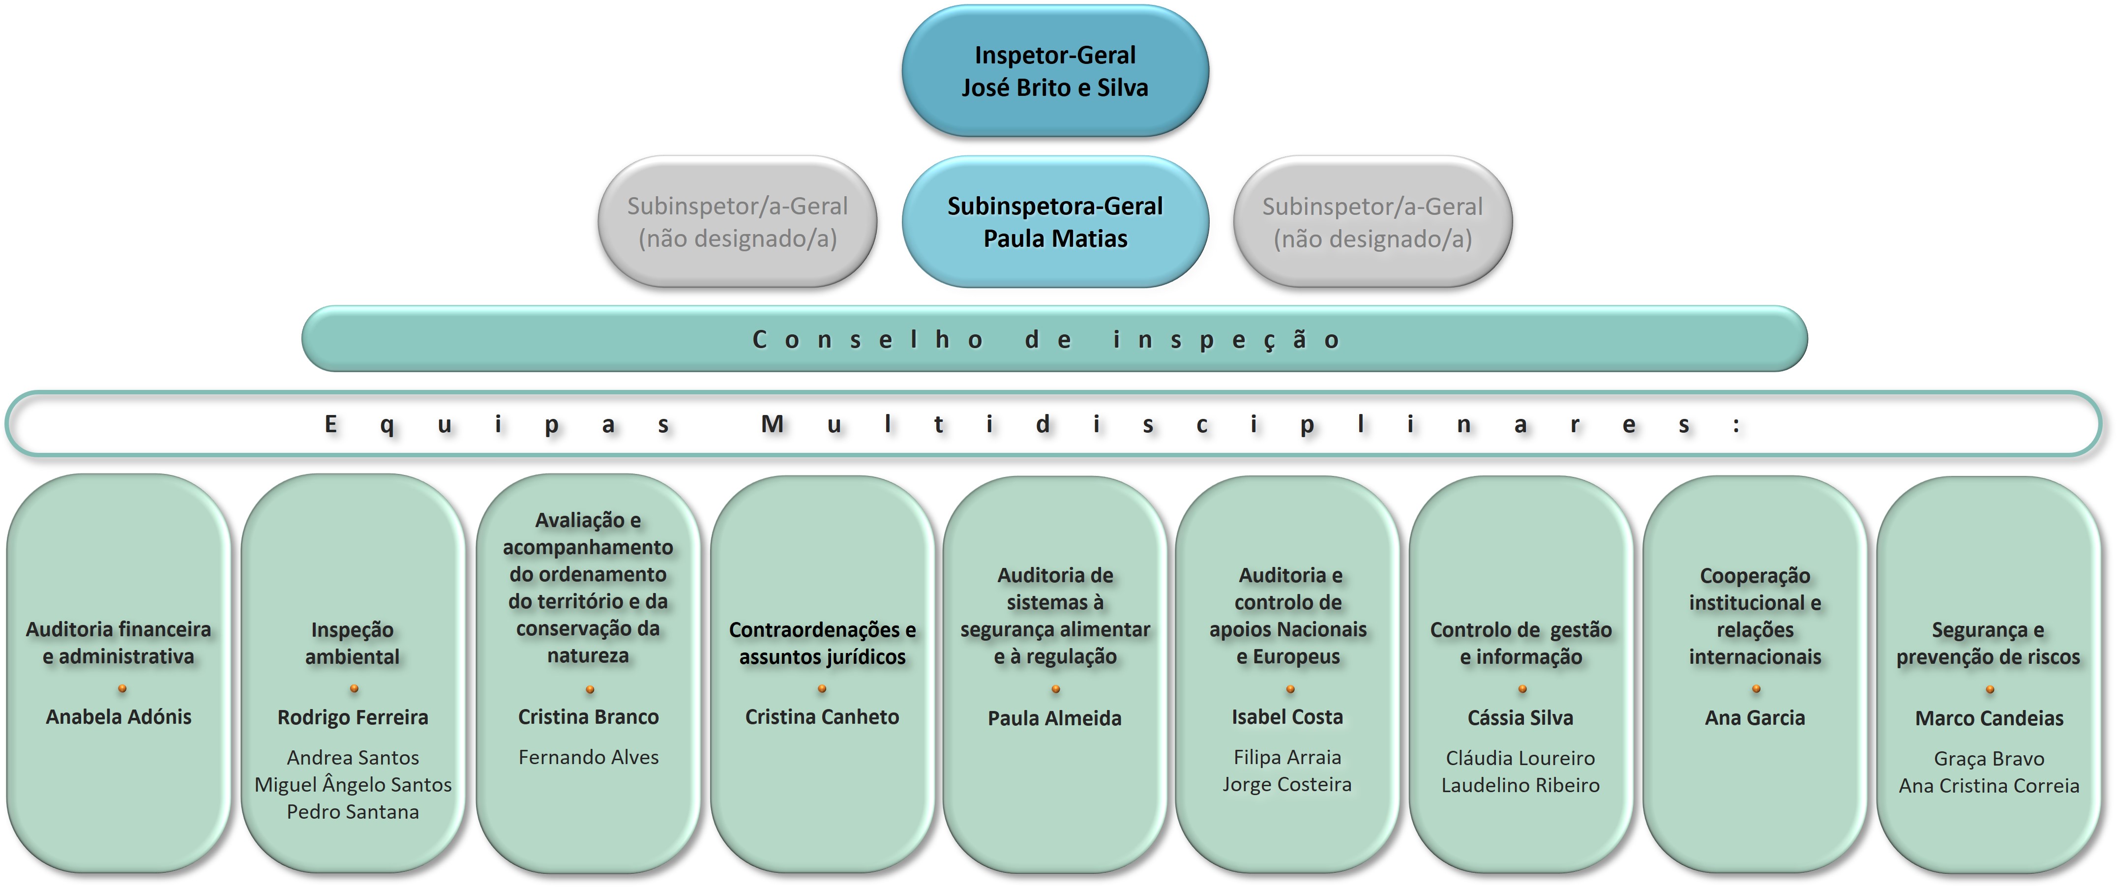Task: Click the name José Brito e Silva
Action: point(1055,88)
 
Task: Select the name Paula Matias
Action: point(1055,239)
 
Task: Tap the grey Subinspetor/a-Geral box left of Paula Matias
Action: point(737,222)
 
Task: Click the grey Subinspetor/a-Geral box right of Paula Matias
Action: point(1372,222)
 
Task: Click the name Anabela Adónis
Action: point(119,717)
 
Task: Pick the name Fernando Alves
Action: point(589,758)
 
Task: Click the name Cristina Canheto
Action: point(822,717)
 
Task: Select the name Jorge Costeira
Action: point(1287,785)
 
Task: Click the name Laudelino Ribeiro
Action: point(1521,785)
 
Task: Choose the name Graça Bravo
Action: point(1989,759)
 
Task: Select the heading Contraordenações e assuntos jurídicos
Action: point(822,643)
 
